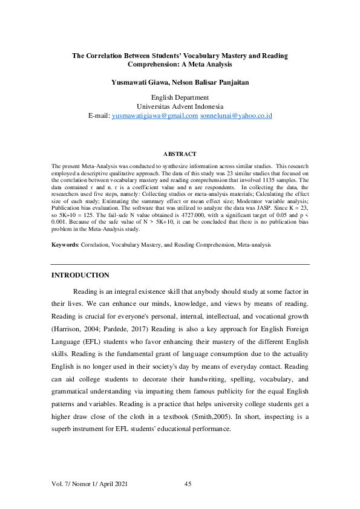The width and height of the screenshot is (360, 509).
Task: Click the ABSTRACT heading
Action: coord(180,154)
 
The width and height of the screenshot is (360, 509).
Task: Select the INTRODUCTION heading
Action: coord(80,276)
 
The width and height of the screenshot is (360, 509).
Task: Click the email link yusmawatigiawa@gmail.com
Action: coord(155,115)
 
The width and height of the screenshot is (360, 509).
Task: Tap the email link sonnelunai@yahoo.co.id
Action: coord(236,115)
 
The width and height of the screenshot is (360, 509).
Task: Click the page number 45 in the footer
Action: coord(188,483)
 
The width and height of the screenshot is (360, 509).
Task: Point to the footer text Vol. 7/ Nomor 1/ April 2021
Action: coord(90,483)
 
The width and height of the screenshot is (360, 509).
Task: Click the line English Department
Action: coord(180,97)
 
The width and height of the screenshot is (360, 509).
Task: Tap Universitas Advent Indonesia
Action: coord(180,106)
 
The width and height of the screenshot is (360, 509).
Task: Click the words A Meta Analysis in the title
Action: coord(203,64)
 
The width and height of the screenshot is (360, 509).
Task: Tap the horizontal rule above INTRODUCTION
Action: coord(180,264)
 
